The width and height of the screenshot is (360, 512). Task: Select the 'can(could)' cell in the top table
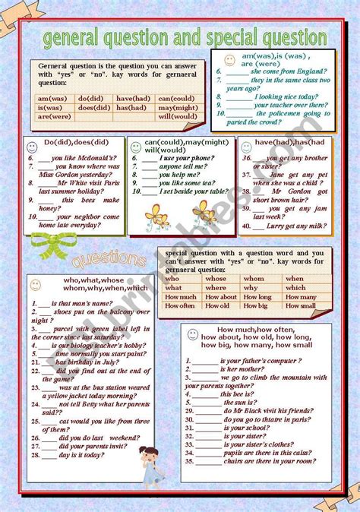coord(176,98)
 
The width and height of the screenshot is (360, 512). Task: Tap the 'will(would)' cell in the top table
coord(176,116)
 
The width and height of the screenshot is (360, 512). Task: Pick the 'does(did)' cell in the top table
coord(94,107)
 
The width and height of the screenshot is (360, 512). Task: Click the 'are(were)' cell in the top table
coord(55,116)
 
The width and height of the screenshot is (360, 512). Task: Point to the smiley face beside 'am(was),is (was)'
coord(229,58)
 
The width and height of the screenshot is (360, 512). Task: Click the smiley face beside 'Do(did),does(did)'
coord(31,145)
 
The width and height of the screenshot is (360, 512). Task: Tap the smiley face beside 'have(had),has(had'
coord(247,144)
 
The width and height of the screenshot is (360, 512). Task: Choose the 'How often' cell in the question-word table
coord(178,306)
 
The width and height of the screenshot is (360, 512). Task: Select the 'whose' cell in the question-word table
coord(221,279)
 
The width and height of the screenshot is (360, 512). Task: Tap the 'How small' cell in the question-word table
coord(300,306)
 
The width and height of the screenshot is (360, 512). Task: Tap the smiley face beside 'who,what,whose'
coord(35,285)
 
